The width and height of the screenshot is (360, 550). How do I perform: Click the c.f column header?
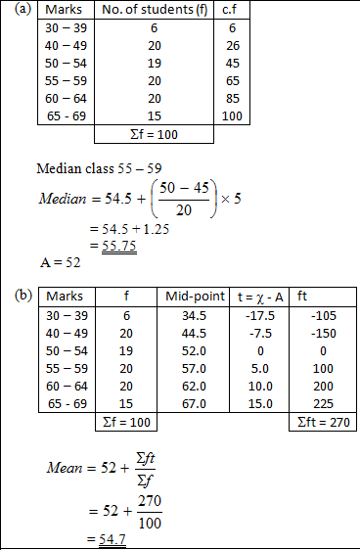pyautogui.click(x=233, y=10)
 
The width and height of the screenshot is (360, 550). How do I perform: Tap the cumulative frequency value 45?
pyautogui.click(x=235, y=63)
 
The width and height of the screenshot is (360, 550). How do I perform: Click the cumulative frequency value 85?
pyautogui.click(x=235, y=99)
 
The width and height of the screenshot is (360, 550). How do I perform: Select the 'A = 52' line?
pyautogui.click(x=60, y=262)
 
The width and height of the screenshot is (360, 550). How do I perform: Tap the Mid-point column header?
pyautogui.click(x=191, y=295)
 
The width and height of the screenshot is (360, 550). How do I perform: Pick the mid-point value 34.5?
pyautogui.click(x=191, y=314)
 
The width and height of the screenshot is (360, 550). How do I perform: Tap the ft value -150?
pyautogui.click(x=323, y=332)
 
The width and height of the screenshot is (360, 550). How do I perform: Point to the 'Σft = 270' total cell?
pyautogui.click(x=323, y=422)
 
